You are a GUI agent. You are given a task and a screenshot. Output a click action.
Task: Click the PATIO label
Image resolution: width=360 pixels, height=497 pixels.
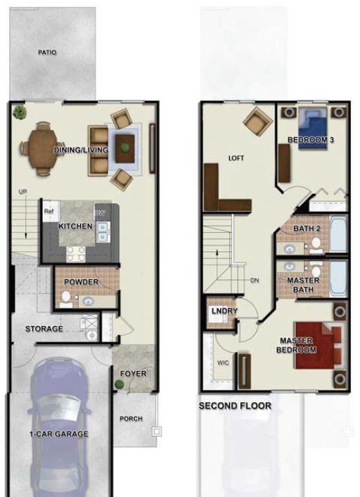click(x=47, y=53)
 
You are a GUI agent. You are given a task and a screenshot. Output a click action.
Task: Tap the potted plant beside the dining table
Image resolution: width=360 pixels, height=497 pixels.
click(x=19, y=112)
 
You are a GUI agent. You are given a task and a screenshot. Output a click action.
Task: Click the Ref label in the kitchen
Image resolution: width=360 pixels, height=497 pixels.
click(x=48, y=211)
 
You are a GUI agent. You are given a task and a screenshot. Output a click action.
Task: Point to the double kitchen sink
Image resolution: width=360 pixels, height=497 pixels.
click(x=103, y=232)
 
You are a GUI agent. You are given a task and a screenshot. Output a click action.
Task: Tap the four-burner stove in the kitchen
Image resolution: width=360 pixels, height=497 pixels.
click(x=75, y=254)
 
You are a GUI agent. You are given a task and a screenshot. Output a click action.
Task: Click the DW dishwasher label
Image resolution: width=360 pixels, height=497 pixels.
click(x=100, y=213)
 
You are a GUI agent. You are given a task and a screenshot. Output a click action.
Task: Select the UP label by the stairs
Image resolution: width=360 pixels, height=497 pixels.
click(x=22, y=192)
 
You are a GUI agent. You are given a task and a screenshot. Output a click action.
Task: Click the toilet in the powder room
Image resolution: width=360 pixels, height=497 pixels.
click(x=66, y=299)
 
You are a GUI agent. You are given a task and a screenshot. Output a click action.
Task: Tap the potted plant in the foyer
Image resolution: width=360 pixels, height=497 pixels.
click(x=119, y=384)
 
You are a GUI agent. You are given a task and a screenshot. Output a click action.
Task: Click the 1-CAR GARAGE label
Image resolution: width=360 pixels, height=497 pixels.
click(x=59, y=434)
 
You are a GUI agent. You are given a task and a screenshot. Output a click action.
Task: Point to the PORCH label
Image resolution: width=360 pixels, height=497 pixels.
click(x=131, y=419)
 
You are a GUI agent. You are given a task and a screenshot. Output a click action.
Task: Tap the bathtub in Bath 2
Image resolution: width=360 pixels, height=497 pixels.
click(x=339, y=234)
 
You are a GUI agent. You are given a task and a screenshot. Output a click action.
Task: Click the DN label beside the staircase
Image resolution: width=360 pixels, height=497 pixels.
click(x=255, y=280)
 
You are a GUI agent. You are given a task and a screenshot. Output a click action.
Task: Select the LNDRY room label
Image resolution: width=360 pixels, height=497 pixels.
click(x=224, y=311)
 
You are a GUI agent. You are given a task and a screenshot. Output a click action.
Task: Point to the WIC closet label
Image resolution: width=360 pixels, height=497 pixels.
click(x=223, y=363)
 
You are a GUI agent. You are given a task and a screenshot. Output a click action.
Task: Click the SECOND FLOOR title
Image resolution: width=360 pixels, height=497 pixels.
click(x=235, y=406)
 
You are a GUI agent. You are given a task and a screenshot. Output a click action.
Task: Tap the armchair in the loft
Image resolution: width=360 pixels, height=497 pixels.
click(x=258, y=121)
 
